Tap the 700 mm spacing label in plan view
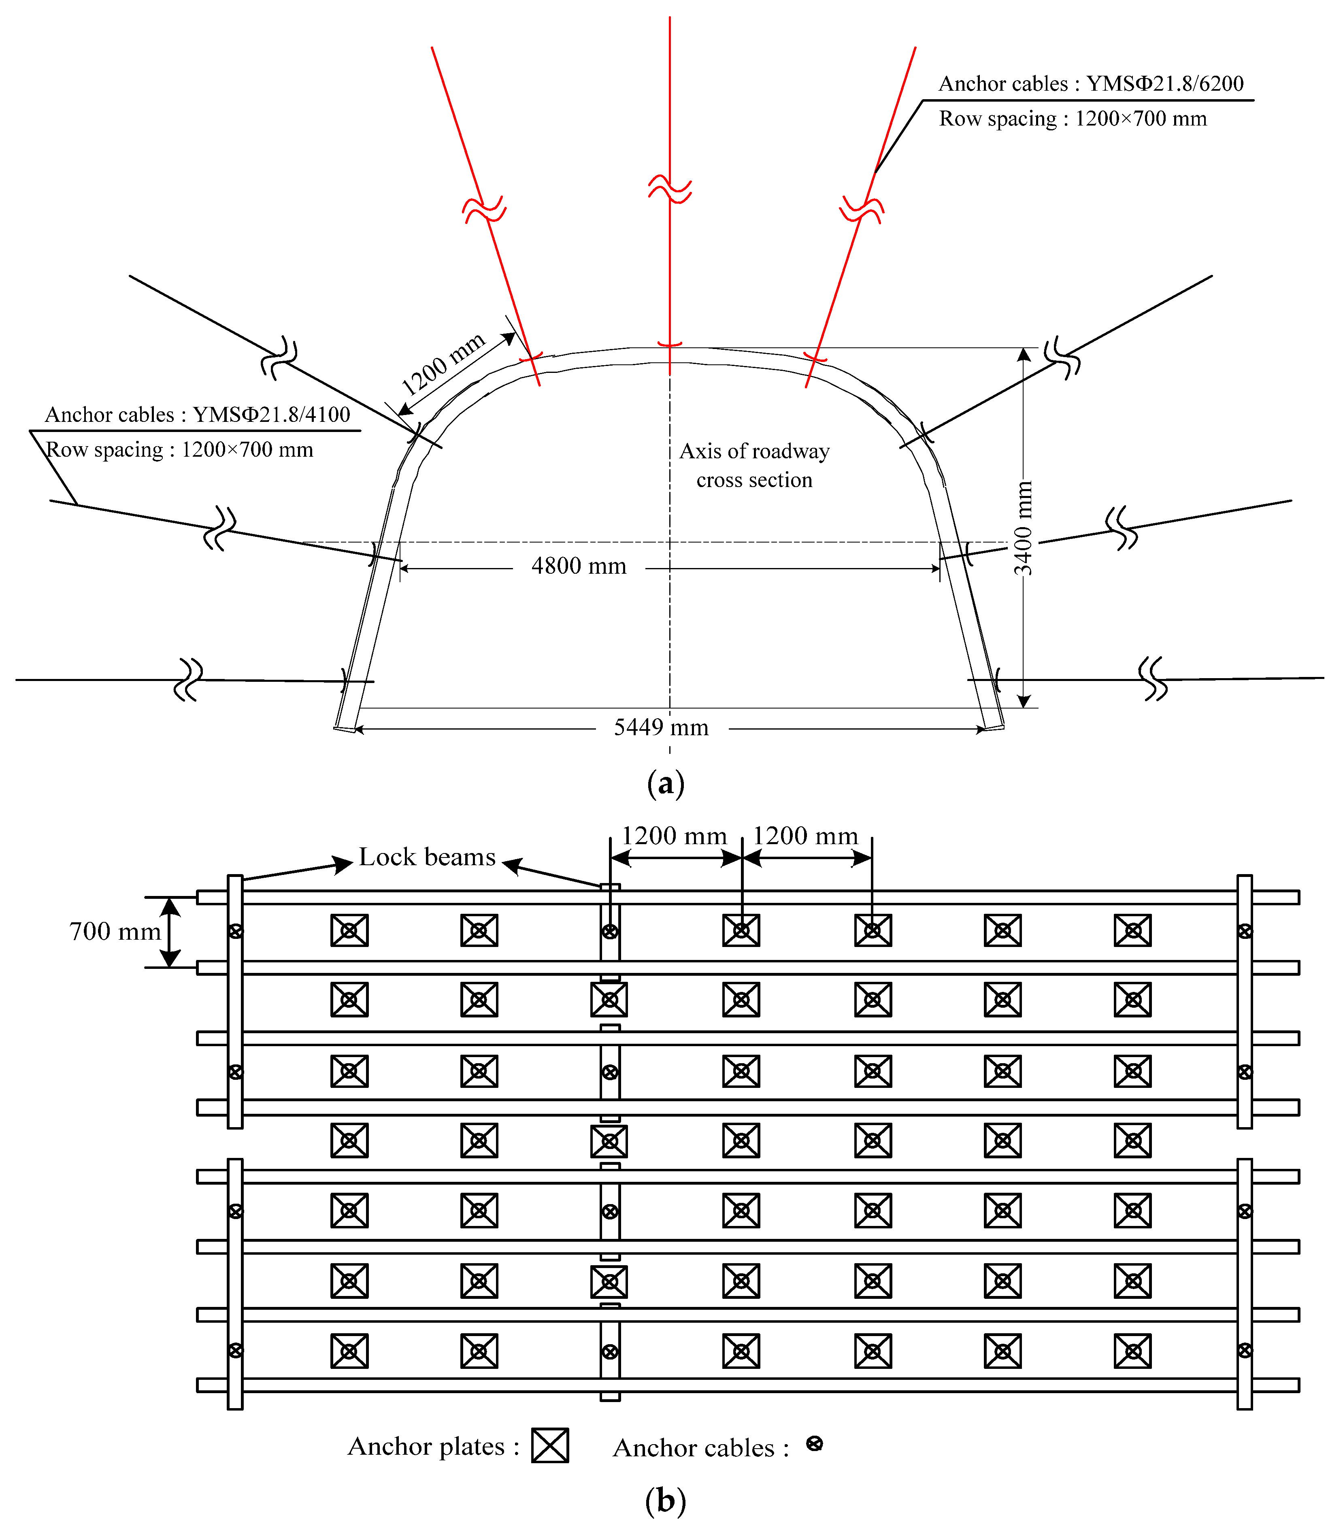coord(115,931)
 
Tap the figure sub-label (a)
coord(665,784)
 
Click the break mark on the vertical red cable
coord(670,189)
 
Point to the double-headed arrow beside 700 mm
coord(171,932)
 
